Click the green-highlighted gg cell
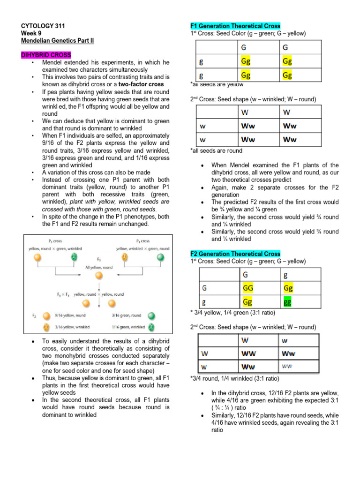[x=287, y=302]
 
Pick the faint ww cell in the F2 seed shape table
[x=288, y=366]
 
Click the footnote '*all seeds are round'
[x=216, y=151]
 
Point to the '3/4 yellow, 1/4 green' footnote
[x=232, y=312]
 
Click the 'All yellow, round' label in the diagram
[x=99, y=267]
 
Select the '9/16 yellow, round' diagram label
[x=71, y=316]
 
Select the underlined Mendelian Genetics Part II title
[x=58, y=41]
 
